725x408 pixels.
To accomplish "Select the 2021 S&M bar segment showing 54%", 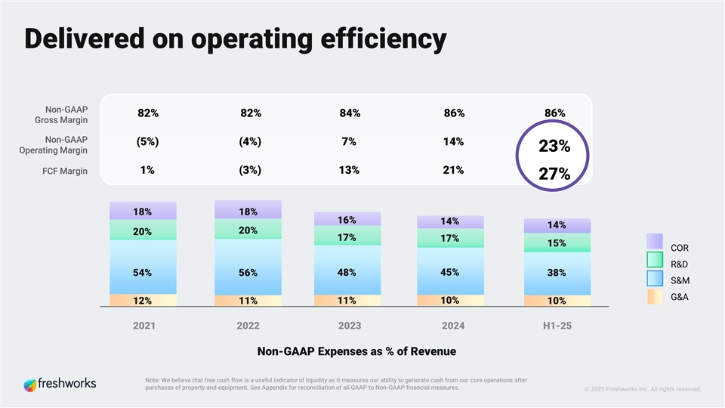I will point(143,272).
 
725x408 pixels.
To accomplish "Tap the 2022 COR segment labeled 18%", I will point(248,211).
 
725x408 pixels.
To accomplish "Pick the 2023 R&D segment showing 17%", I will point(347,238).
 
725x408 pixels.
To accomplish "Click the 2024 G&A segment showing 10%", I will point(450,300).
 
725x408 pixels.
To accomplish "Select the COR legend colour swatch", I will point(655,241).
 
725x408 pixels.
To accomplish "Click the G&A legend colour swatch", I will point(655,296).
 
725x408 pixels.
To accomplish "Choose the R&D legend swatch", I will point(655,260).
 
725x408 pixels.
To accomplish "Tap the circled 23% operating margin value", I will point(554,147).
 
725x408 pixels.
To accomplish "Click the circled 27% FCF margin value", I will point(554,175).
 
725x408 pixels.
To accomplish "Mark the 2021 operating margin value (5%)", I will point(147,141).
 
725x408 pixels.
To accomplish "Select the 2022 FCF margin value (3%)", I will point(250,170).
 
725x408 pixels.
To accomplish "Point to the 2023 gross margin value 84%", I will point(350,113).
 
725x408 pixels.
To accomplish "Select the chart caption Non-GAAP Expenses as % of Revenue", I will point(356,352).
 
